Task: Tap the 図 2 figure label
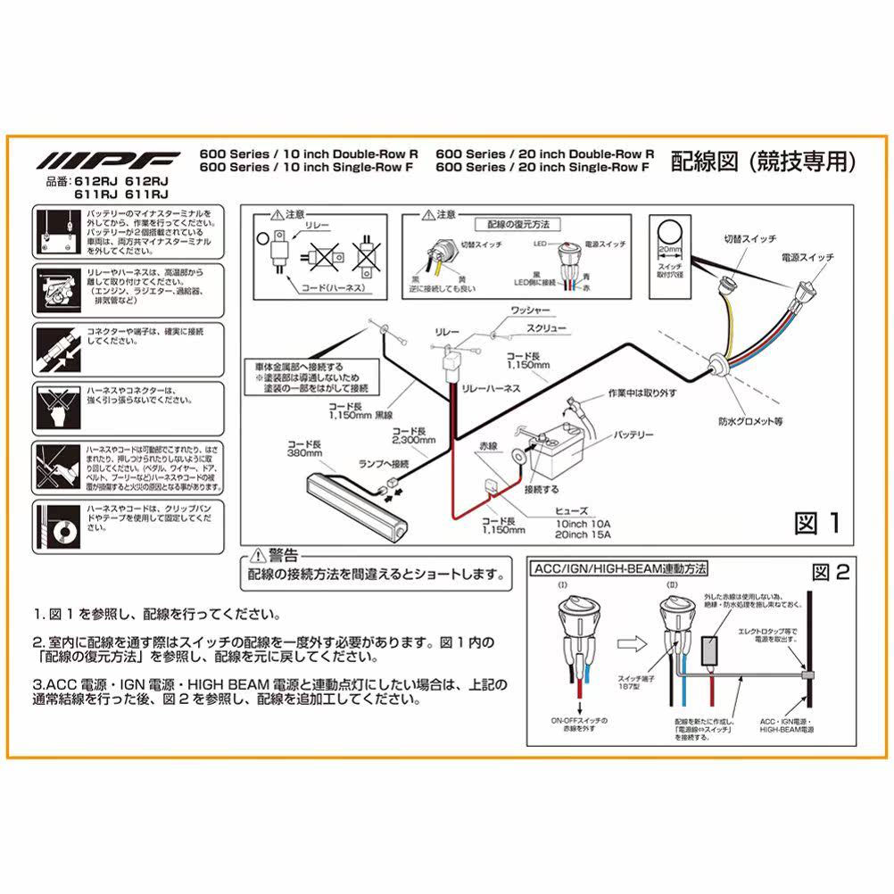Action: (830, 572)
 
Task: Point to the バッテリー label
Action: (633, 435)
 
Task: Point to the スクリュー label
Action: (527, 327)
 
